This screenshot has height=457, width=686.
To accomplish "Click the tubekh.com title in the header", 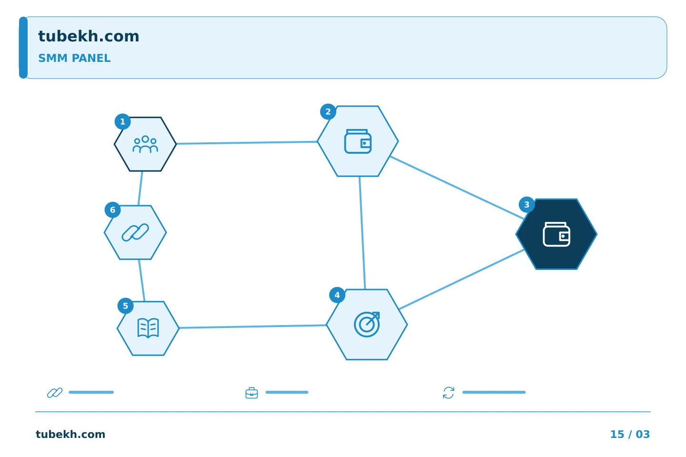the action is tap(89, 36).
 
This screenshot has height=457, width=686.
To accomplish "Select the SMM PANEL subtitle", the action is tap(74, 58).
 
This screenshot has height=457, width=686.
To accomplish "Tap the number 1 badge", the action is tap(122, 122).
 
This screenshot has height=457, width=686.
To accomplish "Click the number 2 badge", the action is tap(328, 112).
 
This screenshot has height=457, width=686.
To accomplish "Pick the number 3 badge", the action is tap(527, 205).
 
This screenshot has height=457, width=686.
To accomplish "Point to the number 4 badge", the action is tap(337, 295).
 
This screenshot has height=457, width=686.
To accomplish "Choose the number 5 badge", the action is tap(126, 306).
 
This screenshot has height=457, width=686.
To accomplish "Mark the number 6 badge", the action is tap(113, 210).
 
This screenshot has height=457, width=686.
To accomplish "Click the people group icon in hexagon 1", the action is tap(145, 144).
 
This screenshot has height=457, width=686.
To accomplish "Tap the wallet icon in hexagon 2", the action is tap(358, 141).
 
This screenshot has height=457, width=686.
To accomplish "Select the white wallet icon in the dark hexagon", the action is tap(556, 235).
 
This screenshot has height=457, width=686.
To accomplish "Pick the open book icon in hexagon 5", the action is tap(148, 328).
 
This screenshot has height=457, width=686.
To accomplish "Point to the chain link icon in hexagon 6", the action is tap(135, 232).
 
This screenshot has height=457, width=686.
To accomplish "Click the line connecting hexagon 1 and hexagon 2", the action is tap(247, 143).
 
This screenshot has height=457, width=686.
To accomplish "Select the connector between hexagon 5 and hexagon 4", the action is tap(252, 327).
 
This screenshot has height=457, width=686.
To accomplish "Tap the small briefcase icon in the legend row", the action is tap(252, 393).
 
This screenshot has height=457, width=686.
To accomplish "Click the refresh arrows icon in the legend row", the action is tap(449, 393).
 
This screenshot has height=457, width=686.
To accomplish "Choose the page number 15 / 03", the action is tap(630, 434).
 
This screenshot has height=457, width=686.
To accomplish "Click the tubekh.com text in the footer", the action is tap(71, 434).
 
